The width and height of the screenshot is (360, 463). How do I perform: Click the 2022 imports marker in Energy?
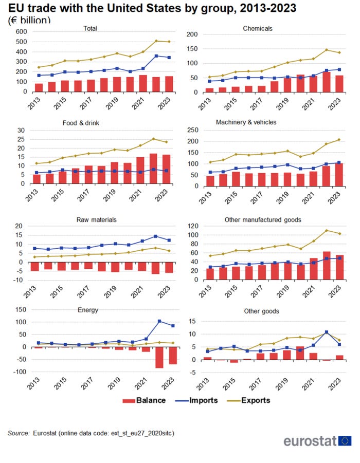(159, 321)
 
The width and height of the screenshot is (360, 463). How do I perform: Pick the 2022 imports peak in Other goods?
(327, 332)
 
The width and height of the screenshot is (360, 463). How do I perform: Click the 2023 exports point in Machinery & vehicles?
(339, 140)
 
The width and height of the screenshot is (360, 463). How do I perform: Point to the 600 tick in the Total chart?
(21, 31)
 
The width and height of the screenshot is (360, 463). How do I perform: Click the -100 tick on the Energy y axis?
(19, 372)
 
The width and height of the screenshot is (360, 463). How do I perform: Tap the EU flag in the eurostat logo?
(345, 440)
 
